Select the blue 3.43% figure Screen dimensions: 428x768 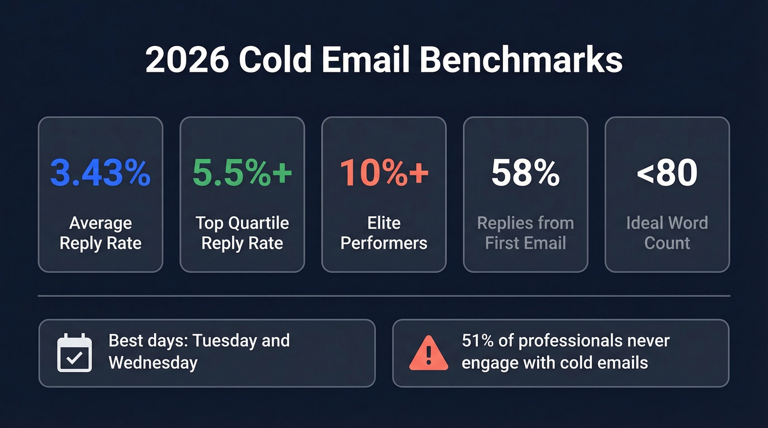coord(100,173)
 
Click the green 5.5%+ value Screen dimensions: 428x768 coord(242,173)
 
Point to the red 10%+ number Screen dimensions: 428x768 coord(384,173)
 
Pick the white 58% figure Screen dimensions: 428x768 coord(526,173)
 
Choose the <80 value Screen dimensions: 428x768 coord(667,173)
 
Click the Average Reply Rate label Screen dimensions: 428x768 coord(100,233)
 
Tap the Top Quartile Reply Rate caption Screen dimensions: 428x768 coord(242,233)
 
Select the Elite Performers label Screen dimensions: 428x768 coord(384,233)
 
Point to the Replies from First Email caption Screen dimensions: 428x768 coord(526,233)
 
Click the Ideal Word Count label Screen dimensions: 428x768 coord(667,233)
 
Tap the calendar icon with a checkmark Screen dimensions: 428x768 coord(75,352)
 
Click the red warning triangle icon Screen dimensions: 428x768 coord(428,353)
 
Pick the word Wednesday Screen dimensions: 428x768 coord(153,362)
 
